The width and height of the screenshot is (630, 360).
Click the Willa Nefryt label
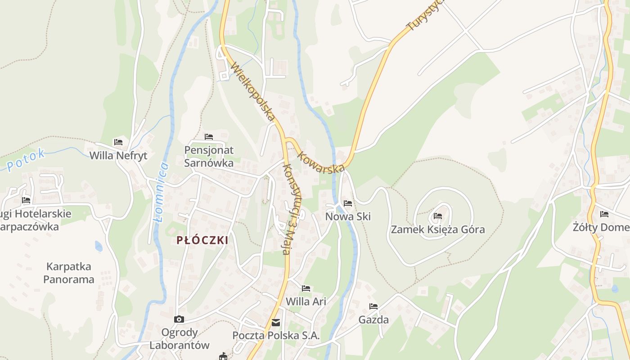tap(118, 156)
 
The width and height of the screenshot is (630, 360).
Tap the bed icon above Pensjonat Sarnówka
tap(208, 136)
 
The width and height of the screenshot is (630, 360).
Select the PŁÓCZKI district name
tap(202, 240)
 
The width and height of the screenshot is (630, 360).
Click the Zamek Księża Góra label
tap(437, 229)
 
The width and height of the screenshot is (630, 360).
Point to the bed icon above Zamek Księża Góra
tap(437, 216)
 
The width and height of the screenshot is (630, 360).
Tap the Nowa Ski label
tap(348, 216)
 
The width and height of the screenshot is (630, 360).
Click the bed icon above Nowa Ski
tap(348, 203)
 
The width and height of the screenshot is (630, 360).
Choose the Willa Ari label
tap(306, 301)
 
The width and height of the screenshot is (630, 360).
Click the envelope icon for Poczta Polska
tap(276, 323)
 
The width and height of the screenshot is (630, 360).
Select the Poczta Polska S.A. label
tap(276, 336)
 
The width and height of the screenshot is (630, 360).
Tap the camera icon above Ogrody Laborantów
tap(179, 319)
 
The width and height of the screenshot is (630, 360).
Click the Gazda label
tap(373, 320)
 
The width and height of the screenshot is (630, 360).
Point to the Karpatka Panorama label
tap(69, 273)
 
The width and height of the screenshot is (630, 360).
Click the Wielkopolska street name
tap(253, 92)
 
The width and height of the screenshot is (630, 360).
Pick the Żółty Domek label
tap(603, 227)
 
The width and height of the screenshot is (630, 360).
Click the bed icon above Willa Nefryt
tap(118, 142)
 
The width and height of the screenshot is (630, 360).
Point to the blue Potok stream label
tap(26, 160)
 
